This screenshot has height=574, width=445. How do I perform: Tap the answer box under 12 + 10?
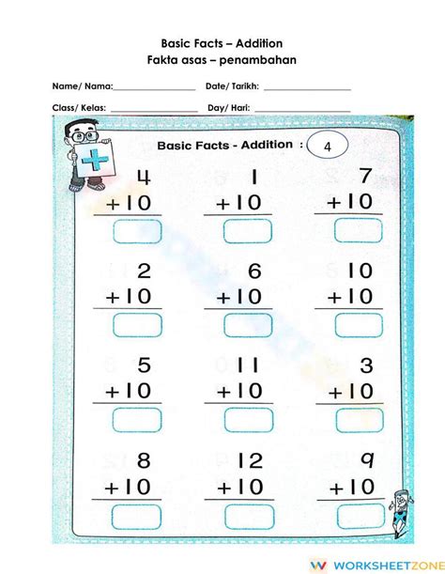click(x=248, y=516)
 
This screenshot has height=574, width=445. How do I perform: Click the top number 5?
click(x=144, y=365)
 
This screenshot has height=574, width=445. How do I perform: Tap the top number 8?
click(x=144, y=459)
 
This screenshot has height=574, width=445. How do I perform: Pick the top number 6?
click(x=253, y=271)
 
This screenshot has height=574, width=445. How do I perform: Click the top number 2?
click(x=144, y=271)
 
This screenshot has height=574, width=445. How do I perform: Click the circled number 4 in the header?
click(x=327, y=147)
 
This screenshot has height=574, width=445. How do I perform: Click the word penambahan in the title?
click(x=265, y=59)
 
